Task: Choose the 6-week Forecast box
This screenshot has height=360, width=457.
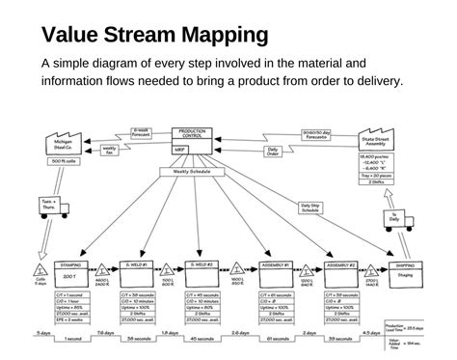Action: pyautogui.click(x=142, y=132)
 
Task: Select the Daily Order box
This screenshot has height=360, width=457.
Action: pyautogui.click(x=273, y=151)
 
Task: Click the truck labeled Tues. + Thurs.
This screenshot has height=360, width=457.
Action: pyautogui.click(x=48, y=206)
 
